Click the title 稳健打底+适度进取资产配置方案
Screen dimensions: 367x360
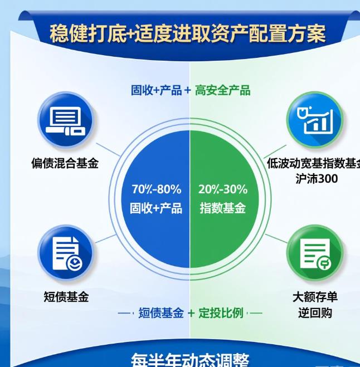pos(187,34)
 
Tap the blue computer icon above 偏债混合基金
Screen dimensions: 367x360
pos(66,120)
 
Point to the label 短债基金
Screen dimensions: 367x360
pos(66,297)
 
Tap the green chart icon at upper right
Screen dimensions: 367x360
pos(314,120)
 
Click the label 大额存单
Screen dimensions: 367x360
pos(315,297)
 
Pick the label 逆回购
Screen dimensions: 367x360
pos(315,312)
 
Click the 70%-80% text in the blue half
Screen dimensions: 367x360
pos(156,189)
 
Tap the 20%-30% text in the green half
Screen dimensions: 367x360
pos(223,189)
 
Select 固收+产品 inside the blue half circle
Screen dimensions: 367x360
pos(156,208)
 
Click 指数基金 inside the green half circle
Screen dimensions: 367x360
pos(223,208)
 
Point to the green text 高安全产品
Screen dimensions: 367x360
pos(223,90)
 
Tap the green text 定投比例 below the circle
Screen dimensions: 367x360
pos(222,313)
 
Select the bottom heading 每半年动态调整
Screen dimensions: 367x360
pos(189,359)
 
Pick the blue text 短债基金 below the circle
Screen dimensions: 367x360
pos(161,313)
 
